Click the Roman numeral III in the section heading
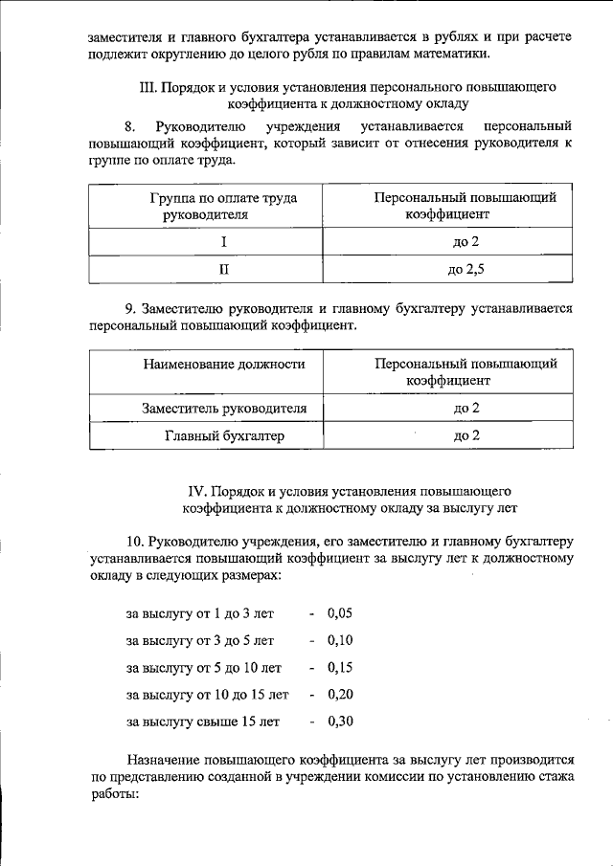148,87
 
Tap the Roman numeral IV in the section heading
194,491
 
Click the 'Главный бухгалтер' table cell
225,435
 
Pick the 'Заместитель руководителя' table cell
225,409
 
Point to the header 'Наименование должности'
225,365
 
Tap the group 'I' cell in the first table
223,242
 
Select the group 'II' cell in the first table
223,270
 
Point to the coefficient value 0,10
340,640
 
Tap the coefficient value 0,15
340,667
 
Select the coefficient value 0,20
340,694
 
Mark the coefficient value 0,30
340,721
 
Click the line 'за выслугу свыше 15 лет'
203,721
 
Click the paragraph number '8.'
131,126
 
